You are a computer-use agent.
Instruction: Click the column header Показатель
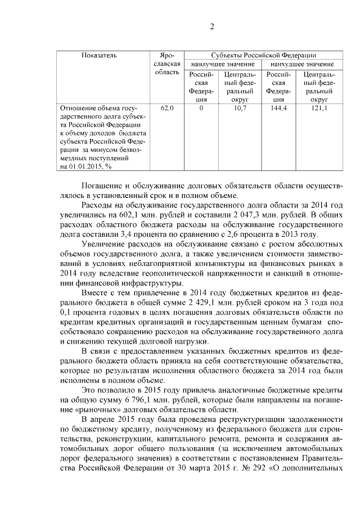99,55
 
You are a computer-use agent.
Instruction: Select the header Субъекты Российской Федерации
263,55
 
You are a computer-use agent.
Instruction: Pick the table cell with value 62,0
168,107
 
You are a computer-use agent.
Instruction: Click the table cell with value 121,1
319,107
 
